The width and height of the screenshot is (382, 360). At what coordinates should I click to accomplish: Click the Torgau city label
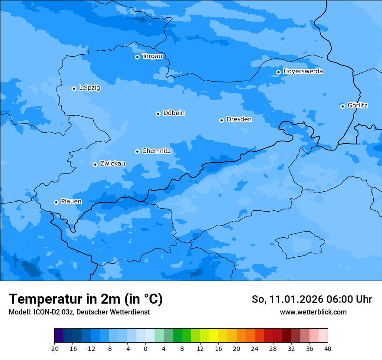[152, 56]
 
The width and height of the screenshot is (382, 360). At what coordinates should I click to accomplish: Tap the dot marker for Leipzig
[74, 88]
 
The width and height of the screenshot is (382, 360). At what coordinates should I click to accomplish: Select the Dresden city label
[239, 119]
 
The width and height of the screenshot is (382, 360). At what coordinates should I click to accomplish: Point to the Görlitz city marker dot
[342, 106]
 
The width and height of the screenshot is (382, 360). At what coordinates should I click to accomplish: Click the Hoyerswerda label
[303, 71]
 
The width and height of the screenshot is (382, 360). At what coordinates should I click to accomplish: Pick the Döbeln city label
[174, 113]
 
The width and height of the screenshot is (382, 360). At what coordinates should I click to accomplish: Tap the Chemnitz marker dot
[137, 151]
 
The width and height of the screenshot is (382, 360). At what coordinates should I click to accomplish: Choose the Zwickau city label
[112, 164]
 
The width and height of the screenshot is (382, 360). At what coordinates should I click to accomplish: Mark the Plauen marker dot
[56, 202]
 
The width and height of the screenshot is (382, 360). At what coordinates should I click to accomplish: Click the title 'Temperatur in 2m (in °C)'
[86, 299]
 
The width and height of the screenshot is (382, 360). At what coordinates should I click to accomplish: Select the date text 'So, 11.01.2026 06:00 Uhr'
[312, 299]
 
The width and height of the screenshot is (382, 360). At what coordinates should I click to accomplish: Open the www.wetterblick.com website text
[313, 312]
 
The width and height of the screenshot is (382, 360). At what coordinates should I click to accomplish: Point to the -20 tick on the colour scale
[54, 348]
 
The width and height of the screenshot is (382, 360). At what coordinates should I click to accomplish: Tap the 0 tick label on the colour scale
[145, 348]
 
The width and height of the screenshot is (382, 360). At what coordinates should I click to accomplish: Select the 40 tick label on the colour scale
[328, 348]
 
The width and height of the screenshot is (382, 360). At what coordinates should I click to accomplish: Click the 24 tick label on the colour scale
[255, 348]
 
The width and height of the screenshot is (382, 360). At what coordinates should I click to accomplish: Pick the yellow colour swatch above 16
[214, 336]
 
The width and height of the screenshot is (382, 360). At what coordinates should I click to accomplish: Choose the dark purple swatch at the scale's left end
[59, 336]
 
